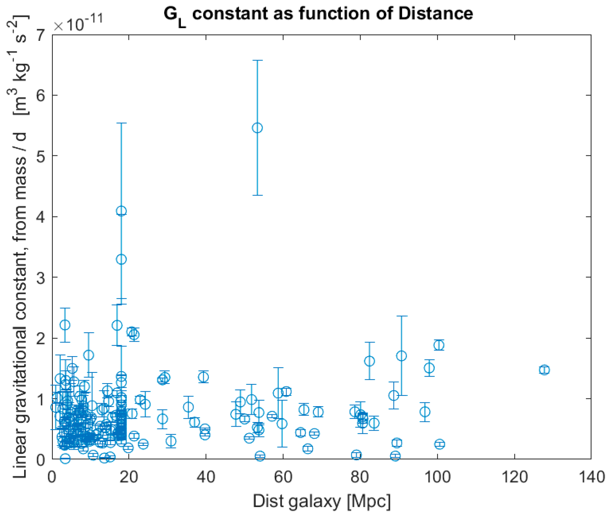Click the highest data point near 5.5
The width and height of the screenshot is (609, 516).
click(x=257, y=128)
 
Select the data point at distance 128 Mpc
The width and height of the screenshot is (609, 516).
click(x=544, y=370)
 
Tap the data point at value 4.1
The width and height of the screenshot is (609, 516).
click(x=121, y=211)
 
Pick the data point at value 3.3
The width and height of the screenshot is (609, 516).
click(x=121, y=259)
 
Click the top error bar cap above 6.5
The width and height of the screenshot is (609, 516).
click(x=257, y=60)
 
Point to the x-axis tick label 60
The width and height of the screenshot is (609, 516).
click(x=283, y=477)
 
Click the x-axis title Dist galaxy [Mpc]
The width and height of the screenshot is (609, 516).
click(x=322, y=502)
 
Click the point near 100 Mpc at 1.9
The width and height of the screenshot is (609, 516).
click(x=439, y=345)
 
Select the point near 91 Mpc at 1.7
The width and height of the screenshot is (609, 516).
click(x=401, y=356)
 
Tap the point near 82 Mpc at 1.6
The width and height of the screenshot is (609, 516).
click(x=369, y=361)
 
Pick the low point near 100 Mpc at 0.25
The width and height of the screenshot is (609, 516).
click(x=440, y=444)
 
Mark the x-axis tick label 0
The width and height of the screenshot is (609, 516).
click(x=52, y=477)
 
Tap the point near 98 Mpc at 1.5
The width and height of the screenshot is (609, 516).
click(x=429, y=368)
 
